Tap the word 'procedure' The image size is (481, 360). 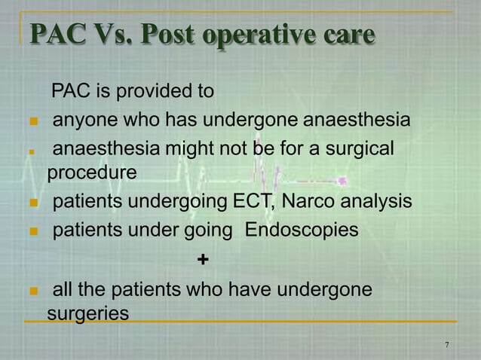pyautogui.click(x=92, y=172)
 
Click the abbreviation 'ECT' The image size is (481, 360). pyautogui.click(x=252, y=201)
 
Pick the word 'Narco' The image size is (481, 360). pyautogui.click(x=308, y=201)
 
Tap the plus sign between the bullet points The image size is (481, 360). pyautogui.click(x=201, y=260)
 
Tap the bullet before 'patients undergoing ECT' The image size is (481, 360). pyautogui.click(x=32, y=203)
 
